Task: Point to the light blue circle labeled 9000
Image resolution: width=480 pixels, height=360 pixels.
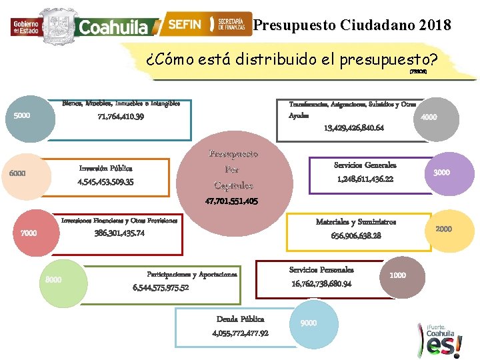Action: click(x=309, y=325)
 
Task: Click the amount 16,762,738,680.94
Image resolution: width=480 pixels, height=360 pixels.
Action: click(x=321, y=284)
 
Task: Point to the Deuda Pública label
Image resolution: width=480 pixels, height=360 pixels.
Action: click(x=240, y=319)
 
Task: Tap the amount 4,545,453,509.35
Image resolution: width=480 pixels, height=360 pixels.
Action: click(x=105, y=181)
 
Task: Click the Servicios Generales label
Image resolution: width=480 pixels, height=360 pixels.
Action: click(x=365, y=165)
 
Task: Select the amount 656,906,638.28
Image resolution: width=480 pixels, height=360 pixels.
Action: click(x=356, y=236)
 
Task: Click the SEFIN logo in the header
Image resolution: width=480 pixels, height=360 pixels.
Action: click(x=184, y=24)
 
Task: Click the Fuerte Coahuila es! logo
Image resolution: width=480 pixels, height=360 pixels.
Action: click(x=443, y=338)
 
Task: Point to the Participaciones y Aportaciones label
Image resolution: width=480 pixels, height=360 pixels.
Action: click(x=191, y=275)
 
